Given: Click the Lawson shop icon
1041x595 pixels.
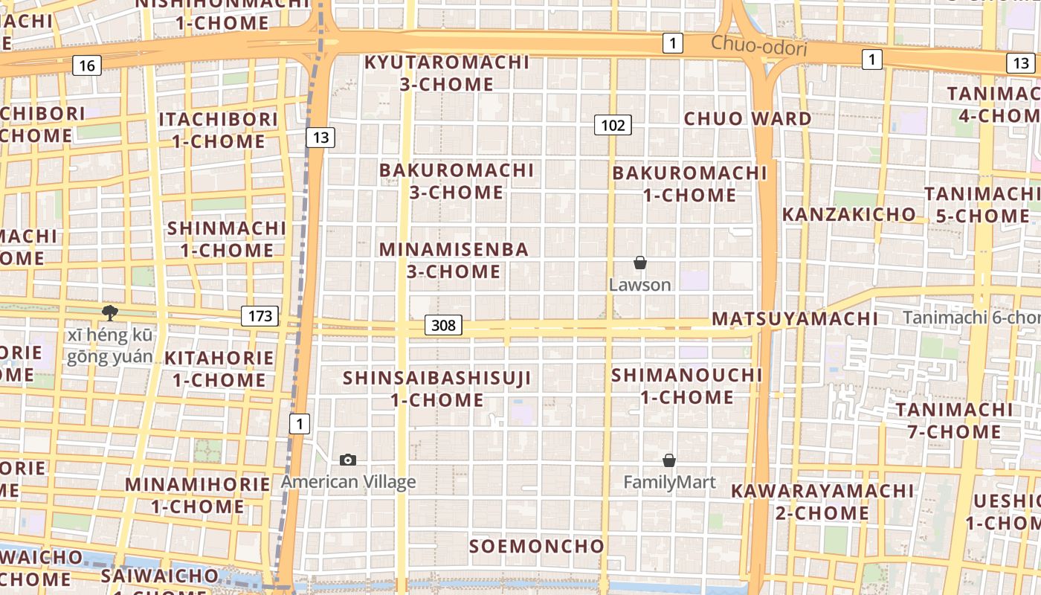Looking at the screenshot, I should click(x=639, y=263).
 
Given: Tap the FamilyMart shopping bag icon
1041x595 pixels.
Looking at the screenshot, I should click(x=669, y=460).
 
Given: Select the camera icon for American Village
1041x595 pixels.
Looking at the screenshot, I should click(x=347, y=460).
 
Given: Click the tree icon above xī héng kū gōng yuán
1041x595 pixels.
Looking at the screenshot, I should click(x=110, y=313).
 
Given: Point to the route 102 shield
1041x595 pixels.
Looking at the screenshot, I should click(x=613, y=125).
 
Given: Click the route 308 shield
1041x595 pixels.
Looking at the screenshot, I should click(x=444, y=325).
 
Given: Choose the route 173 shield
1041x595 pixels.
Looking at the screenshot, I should click(x=260, y=316).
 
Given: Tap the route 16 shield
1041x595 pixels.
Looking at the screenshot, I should click(x=87, y=65).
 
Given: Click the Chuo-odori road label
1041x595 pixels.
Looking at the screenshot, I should click(x=758, y=46).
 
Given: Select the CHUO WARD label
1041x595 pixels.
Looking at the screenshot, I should click(x=747, y=119).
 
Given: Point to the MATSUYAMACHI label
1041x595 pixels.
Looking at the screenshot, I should click(x=795, y=319).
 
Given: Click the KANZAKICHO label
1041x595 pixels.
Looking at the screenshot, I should click(x=848, y=214).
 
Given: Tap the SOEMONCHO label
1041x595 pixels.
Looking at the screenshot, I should click(x=536, y=547).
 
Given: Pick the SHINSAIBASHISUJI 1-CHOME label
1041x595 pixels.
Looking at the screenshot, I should click(x=437, y=389).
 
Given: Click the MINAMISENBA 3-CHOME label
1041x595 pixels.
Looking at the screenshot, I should click(x=454, y=260).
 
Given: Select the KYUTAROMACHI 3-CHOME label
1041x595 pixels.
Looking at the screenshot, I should click(x=446, y=73).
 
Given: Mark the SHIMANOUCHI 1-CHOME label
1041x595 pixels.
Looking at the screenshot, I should click(x=687, y=386).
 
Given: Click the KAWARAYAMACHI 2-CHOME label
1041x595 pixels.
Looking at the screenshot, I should click(x=822, y=502).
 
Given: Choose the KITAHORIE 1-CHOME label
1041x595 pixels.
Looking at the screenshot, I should click(x=219, y=369).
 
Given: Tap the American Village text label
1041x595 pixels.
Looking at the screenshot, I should click(x=348, y=482).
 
